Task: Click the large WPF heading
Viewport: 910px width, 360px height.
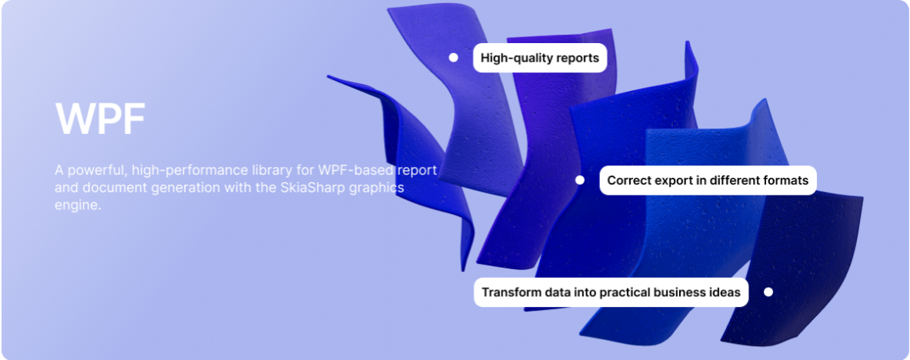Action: [x=100, y=118]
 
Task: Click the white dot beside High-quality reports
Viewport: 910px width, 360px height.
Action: [x=453, y=58]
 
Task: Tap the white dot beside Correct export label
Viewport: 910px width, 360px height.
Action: [x=579, y=180]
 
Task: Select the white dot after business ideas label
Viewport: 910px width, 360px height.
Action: [x=768, y=292]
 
